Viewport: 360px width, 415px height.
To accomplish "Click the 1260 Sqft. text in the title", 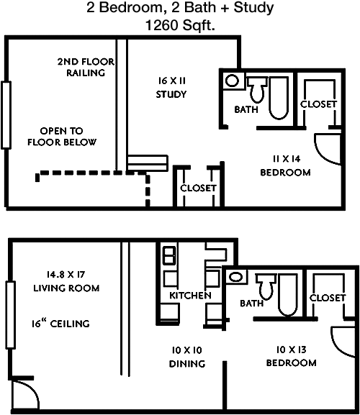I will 181,24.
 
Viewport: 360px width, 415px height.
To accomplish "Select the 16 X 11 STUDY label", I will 171,87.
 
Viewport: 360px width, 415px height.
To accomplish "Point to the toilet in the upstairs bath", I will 258,91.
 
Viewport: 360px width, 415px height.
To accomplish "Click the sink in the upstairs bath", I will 231,81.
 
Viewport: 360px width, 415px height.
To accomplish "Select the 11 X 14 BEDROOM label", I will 285,166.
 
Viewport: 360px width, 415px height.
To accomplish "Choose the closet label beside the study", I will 198,188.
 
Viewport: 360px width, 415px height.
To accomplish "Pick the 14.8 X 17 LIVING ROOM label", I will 66,281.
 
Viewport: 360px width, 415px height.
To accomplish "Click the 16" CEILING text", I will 61,324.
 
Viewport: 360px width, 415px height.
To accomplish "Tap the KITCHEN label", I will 190,296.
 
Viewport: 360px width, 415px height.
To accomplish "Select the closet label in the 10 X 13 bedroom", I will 328,298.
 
